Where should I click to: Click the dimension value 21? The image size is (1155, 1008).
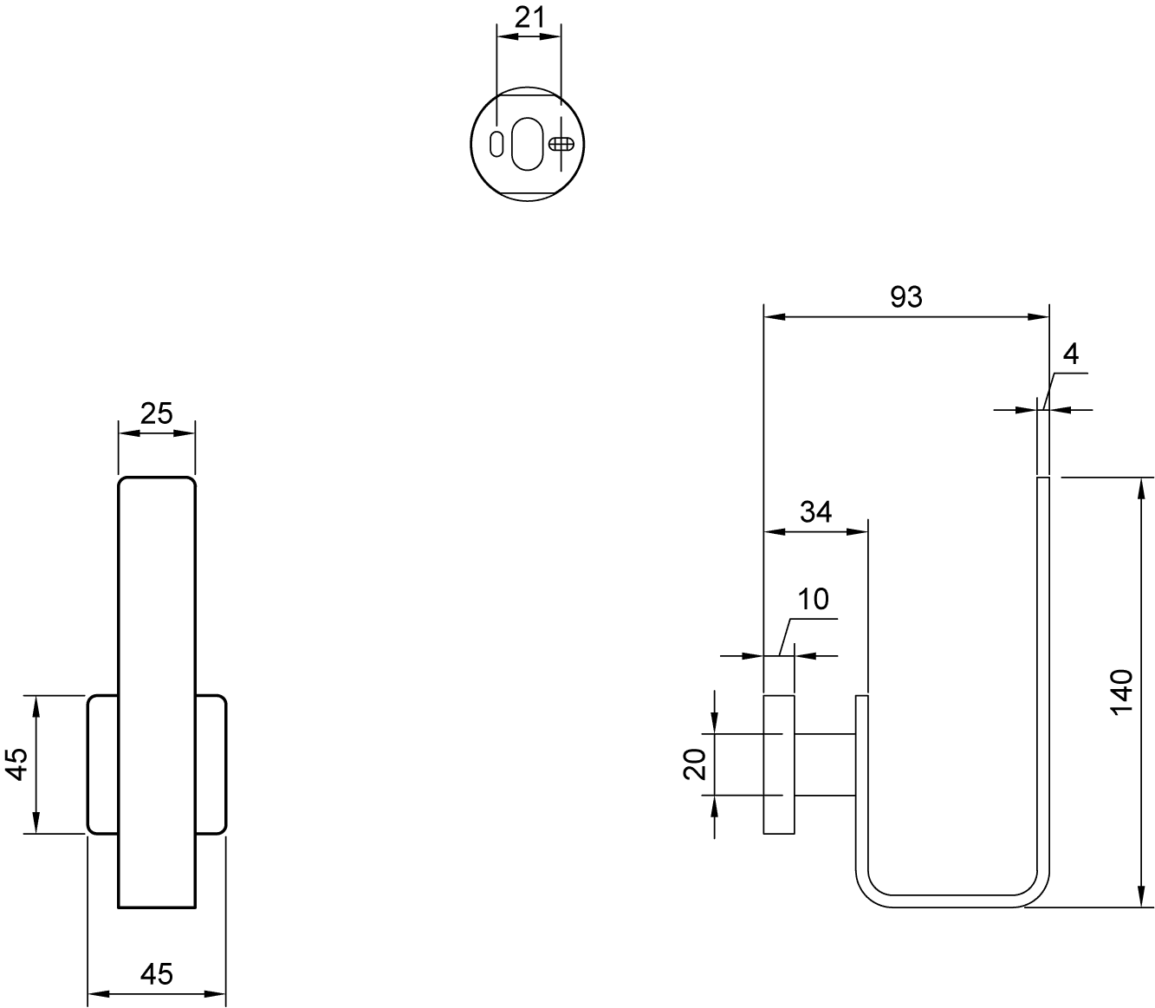coord(529,18)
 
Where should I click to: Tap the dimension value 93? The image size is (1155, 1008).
coord(906,296)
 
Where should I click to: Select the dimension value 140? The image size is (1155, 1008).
coord(1122,692)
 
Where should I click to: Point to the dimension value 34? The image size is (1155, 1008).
coord(815,511)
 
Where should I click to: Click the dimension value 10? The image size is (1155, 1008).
coord(813,599)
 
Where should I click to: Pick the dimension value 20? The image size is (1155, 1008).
coord(694,764)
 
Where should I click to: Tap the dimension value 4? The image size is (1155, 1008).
coord(1070,354)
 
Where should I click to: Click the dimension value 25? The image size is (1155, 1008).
coord(156,413)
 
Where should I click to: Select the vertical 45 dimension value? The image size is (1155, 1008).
coord(17,764)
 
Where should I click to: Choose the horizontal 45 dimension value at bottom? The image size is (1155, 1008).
coord(156,974)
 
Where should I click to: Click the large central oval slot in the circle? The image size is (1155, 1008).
coord(528,144)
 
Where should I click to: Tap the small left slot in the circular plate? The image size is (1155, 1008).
coord(496,145)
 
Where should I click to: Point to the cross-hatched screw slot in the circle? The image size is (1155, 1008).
coord(561,144)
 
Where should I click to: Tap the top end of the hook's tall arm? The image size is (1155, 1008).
coord(1043,478)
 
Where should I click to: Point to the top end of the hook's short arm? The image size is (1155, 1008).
coord(862,697)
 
